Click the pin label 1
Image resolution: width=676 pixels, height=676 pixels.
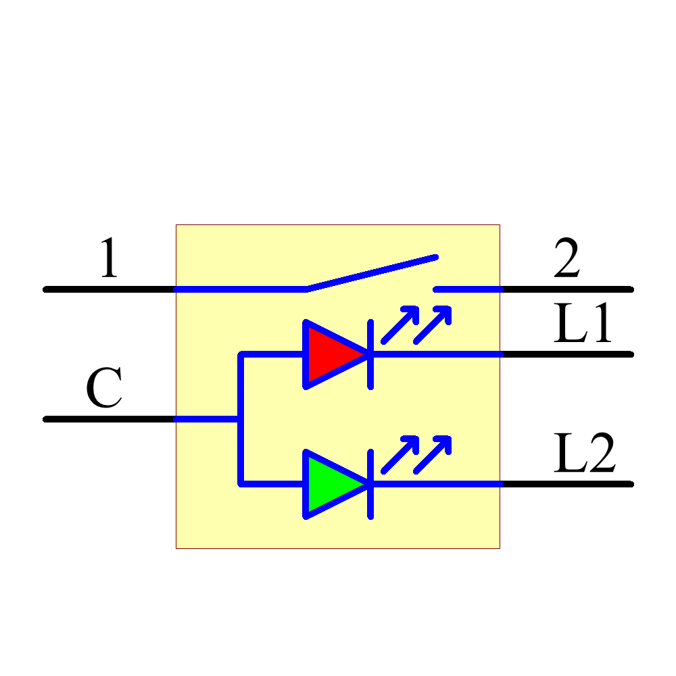[x=109, y=258]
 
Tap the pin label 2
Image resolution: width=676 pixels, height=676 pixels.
[x=566, y=260]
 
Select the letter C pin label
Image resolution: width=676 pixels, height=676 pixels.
[x=104, y=390]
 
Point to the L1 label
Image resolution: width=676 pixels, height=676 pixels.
[x=582, y=324]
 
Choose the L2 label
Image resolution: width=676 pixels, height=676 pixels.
[x=584, y=454]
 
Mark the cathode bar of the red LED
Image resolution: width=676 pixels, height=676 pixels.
[x=370, y=354]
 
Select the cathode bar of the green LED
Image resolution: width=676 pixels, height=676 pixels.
[x=370, y=484]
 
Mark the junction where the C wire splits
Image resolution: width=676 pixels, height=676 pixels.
[x=240, y=419]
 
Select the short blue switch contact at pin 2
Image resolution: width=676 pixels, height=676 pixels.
[x=468, y=289]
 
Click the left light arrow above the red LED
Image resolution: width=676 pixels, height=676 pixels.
[x=400, y=325]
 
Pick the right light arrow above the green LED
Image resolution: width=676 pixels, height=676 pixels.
[x=433, y=454]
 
